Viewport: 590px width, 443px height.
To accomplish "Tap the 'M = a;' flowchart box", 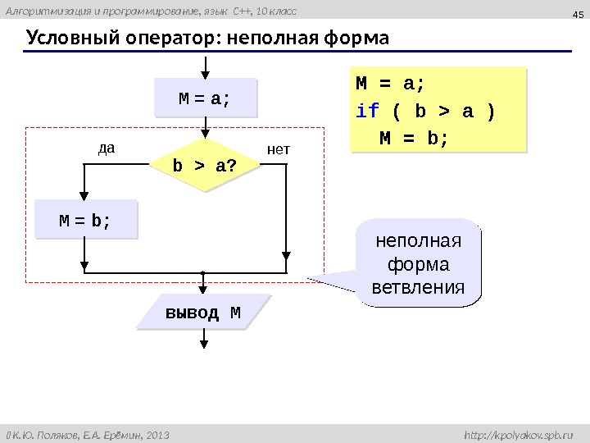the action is point(204,99).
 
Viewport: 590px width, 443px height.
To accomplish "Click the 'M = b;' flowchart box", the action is point(85,221).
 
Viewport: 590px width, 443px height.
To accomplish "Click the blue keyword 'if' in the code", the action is point(364,110).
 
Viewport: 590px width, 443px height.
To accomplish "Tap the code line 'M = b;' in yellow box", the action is point(415,136).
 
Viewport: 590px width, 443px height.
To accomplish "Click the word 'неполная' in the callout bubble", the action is point(418,242).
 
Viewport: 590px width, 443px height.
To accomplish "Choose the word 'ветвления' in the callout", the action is point(418,288).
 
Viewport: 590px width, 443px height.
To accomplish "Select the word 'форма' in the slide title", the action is point(354,39).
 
